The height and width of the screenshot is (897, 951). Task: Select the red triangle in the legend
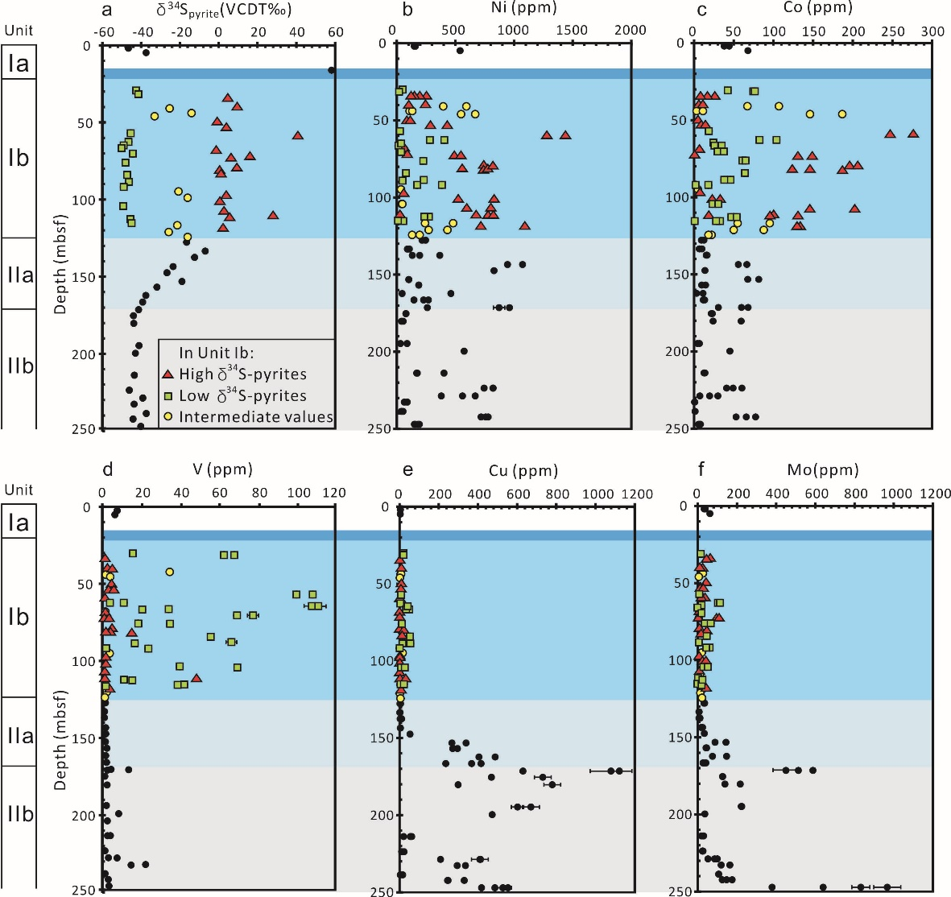[x=167, y=374]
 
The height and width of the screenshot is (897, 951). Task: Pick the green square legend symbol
[x=167, y=395]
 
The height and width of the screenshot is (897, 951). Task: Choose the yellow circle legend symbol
[x=167, y=416]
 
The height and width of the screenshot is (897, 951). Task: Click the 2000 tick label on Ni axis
[x=631, y=31]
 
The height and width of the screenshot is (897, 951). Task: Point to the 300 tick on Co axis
[x=932, y=31]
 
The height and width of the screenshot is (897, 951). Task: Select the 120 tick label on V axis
[x=334, y=493]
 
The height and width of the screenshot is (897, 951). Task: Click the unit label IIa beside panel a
[x=20, y=275]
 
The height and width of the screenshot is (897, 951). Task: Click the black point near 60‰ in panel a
[x=332, y=70]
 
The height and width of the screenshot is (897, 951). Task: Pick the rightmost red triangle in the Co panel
[x=913, y=134]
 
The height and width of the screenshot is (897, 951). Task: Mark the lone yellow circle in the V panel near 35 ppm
[x=170, y=572]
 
